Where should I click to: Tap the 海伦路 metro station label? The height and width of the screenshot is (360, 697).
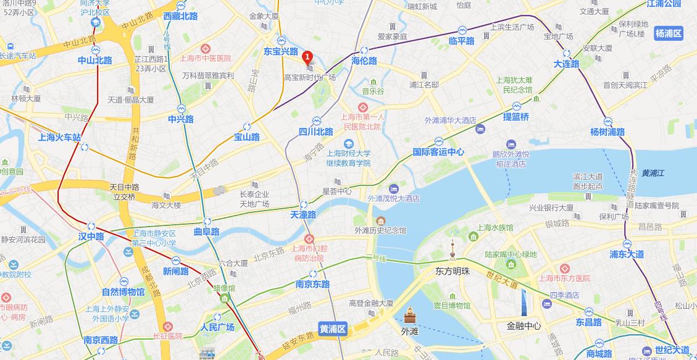[x=364, y=61]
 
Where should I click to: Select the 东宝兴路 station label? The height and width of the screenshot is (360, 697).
[x=280, y=52]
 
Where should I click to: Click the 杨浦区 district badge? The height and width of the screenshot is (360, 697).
[x=669, y=33]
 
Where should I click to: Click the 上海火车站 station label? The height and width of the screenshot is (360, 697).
[x=59, y=137]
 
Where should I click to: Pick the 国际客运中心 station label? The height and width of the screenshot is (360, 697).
[x=438, y=152]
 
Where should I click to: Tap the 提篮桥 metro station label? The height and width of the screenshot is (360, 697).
[x=516, y=117]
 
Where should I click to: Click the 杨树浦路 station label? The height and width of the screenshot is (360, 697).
[x=607, y=132]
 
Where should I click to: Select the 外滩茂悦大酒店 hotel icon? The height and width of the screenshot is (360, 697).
[x=393, y=188]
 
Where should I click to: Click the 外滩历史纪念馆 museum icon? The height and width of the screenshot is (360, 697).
[x=380, y=220]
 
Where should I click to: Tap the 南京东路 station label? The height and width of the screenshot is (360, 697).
[x=312, y=284]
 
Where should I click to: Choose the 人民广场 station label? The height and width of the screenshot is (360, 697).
[x=218, y=327]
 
